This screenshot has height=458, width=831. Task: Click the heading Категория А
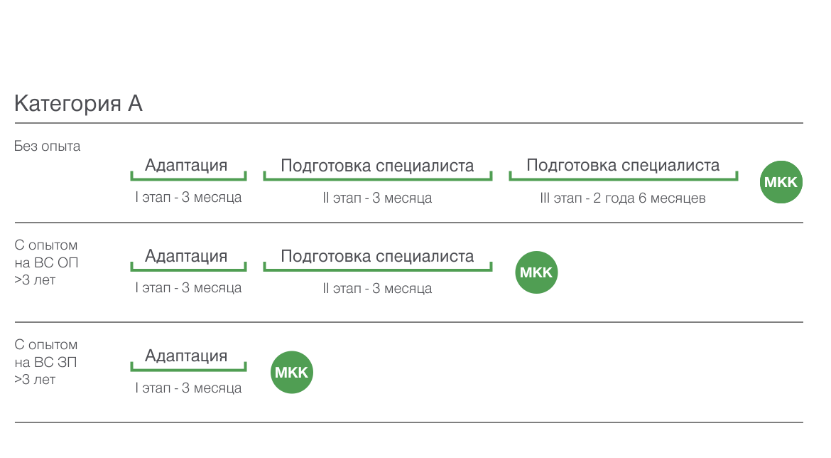tap(78, 104)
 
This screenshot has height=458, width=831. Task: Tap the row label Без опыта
tap(47, 147)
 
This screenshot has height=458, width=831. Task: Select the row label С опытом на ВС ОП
tap(46, 262)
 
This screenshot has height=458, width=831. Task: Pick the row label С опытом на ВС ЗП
tap(46, 362)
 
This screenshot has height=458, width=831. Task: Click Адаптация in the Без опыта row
tap(186, 165)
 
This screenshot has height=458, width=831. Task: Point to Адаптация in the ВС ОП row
tap(186, 256)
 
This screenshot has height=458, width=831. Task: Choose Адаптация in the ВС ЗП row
tap(186, 356)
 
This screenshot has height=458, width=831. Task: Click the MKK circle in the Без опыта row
tap(781, 182)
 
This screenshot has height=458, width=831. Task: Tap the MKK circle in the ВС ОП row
tap(536, 272)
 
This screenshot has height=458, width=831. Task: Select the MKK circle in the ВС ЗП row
tap(292, 372)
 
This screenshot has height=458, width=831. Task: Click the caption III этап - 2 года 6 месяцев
tap(623, 198)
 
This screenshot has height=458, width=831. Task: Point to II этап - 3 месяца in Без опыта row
tap(377, 198)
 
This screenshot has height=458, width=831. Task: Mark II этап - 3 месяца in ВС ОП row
tap(377, 289)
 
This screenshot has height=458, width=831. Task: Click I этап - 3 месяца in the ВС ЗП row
tap(188, 388)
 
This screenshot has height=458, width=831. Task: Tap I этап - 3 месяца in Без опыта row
tap(188, 198)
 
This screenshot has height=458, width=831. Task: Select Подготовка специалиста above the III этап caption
tap(624, 166)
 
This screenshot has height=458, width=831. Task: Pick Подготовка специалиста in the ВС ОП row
tap(377, 256)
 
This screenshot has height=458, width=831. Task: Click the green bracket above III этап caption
tap(624, 179)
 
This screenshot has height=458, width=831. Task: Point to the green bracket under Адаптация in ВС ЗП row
tap(189, 369)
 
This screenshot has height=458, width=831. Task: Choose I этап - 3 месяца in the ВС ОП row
tap(188, 288)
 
